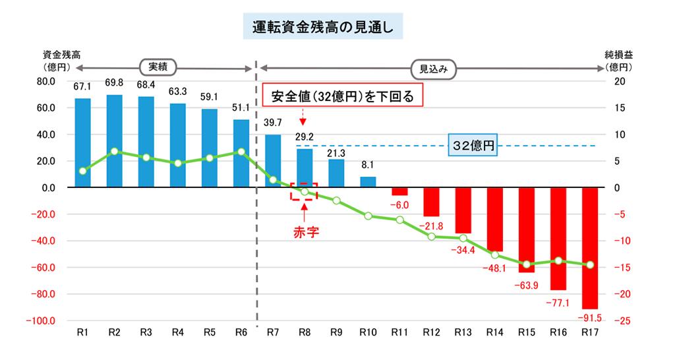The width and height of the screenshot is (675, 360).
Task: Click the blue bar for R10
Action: click(368, 182)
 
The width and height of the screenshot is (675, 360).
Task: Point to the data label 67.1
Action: click(82, 86)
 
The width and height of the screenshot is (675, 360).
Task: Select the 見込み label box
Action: click(433, 67)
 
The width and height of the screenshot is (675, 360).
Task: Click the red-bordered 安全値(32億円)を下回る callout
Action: click(341, 97)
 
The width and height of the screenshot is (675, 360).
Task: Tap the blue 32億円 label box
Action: click(472, 146)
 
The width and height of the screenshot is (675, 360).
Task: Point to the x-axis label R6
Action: click(241, 333)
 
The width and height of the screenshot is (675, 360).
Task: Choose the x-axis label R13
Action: click(463, 333)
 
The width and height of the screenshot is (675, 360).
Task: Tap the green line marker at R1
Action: click(82, 171)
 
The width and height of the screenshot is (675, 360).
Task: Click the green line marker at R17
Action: click(589, 264)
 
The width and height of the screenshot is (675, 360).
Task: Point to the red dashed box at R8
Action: click(304, 191)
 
